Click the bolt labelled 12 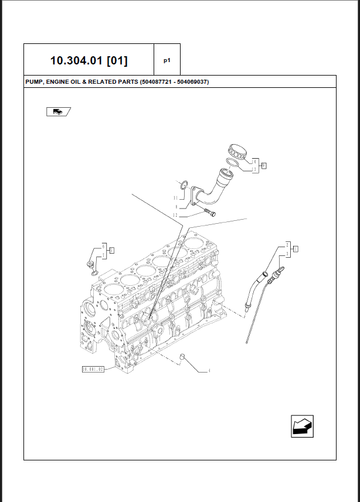point(209,211)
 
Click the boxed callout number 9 point(264,166)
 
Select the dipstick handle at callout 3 point(278,272)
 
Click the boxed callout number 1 point(296,249)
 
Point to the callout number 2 point(287,244)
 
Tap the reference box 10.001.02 point(93,369)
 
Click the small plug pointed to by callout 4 point(183,357)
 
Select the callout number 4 point(209,371)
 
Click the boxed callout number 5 point(111,250)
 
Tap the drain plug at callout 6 point(91,267)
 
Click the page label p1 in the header point(167,60)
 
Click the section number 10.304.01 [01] point(89,60)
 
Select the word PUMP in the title point(35,82)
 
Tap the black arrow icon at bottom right point(303,425)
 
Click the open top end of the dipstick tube point(266,274)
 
